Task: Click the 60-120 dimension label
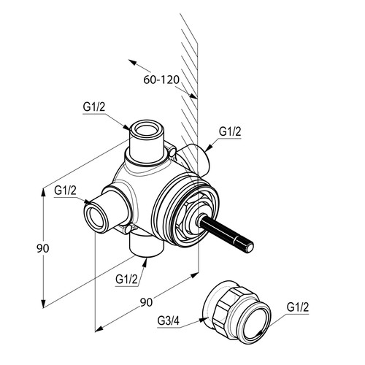(x=161, y=80)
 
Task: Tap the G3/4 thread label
(x=169, y=321)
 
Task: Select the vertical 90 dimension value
(x=43, y=248)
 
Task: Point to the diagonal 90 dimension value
(x=146, y=302)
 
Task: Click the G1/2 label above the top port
(x=94, y=107)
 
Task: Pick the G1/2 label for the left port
(x=65, y=191)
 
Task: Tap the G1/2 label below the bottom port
(x=126, y=279)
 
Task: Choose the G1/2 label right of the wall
(x=230, y=131)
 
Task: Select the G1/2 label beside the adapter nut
(x=298, y=307)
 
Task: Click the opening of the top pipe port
(x=146, y=129)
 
